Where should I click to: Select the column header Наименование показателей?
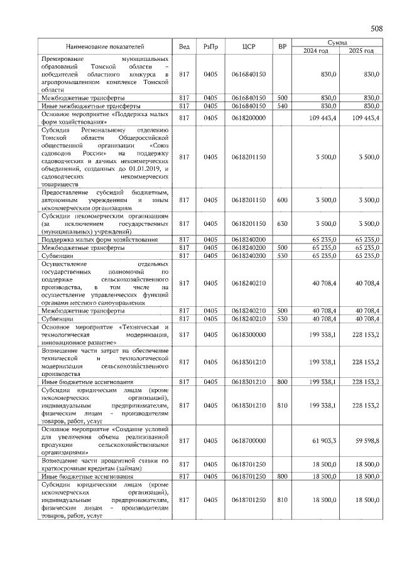pyautogui.click(x=105, y=46)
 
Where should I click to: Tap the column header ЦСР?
pyautogui.click(x=249, y=46)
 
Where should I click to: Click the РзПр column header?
pyautogui.click(x=211, y=46)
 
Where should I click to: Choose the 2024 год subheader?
pyautogui.click(x=316, y=51)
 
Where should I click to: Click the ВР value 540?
pyautogui.click(x=282, y=107)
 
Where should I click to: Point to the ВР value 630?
pyautogui.click(x=282, y=223)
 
